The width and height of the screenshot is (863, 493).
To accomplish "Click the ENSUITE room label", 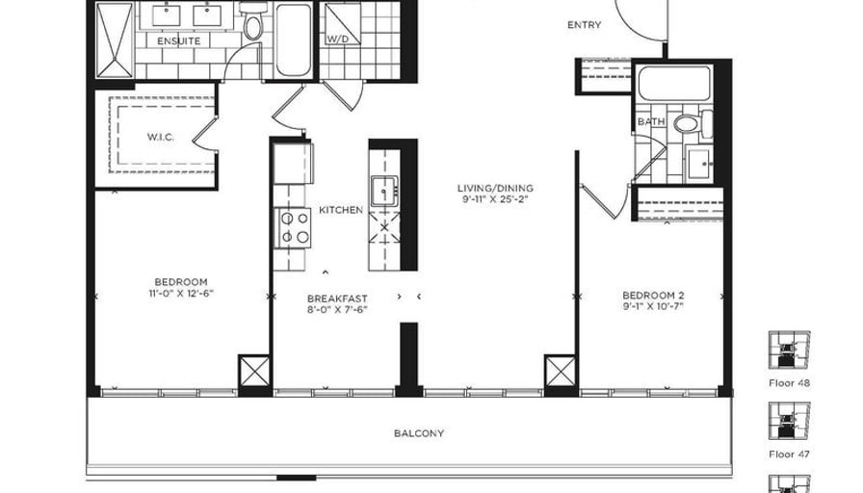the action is coord(178,41).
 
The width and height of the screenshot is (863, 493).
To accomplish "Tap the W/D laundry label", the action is coord(337,39).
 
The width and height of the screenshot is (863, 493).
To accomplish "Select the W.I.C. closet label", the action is coord(161,137).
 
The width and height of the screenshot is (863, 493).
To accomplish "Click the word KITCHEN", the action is coord(341,210).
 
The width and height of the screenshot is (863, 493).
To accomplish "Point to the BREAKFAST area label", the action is coord(337,298).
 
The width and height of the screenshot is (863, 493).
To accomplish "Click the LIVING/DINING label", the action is coord(495,188).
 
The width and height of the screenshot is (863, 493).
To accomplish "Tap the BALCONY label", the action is coord(419,433).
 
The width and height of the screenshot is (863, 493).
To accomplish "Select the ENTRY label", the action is coord(584,25).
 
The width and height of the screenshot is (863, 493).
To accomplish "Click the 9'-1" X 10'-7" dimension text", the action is coord(653,306).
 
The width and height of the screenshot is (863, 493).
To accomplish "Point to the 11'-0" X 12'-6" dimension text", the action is coord(180,294).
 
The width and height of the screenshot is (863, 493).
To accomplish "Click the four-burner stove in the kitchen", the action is coord(295,228).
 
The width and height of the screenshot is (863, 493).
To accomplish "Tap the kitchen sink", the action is coord(384,191).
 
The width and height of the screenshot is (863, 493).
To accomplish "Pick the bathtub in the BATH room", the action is coord(673,84).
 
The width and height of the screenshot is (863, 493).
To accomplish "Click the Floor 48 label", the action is coord(789,383).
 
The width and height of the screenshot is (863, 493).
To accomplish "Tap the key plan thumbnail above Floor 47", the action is coord(789,421).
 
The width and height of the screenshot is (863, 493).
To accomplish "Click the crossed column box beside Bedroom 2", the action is coord(560,372).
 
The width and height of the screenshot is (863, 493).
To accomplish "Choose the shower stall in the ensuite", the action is coord(115,40).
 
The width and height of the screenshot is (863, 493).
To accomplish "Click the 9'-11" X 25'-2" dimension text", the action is coord(495,199).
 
